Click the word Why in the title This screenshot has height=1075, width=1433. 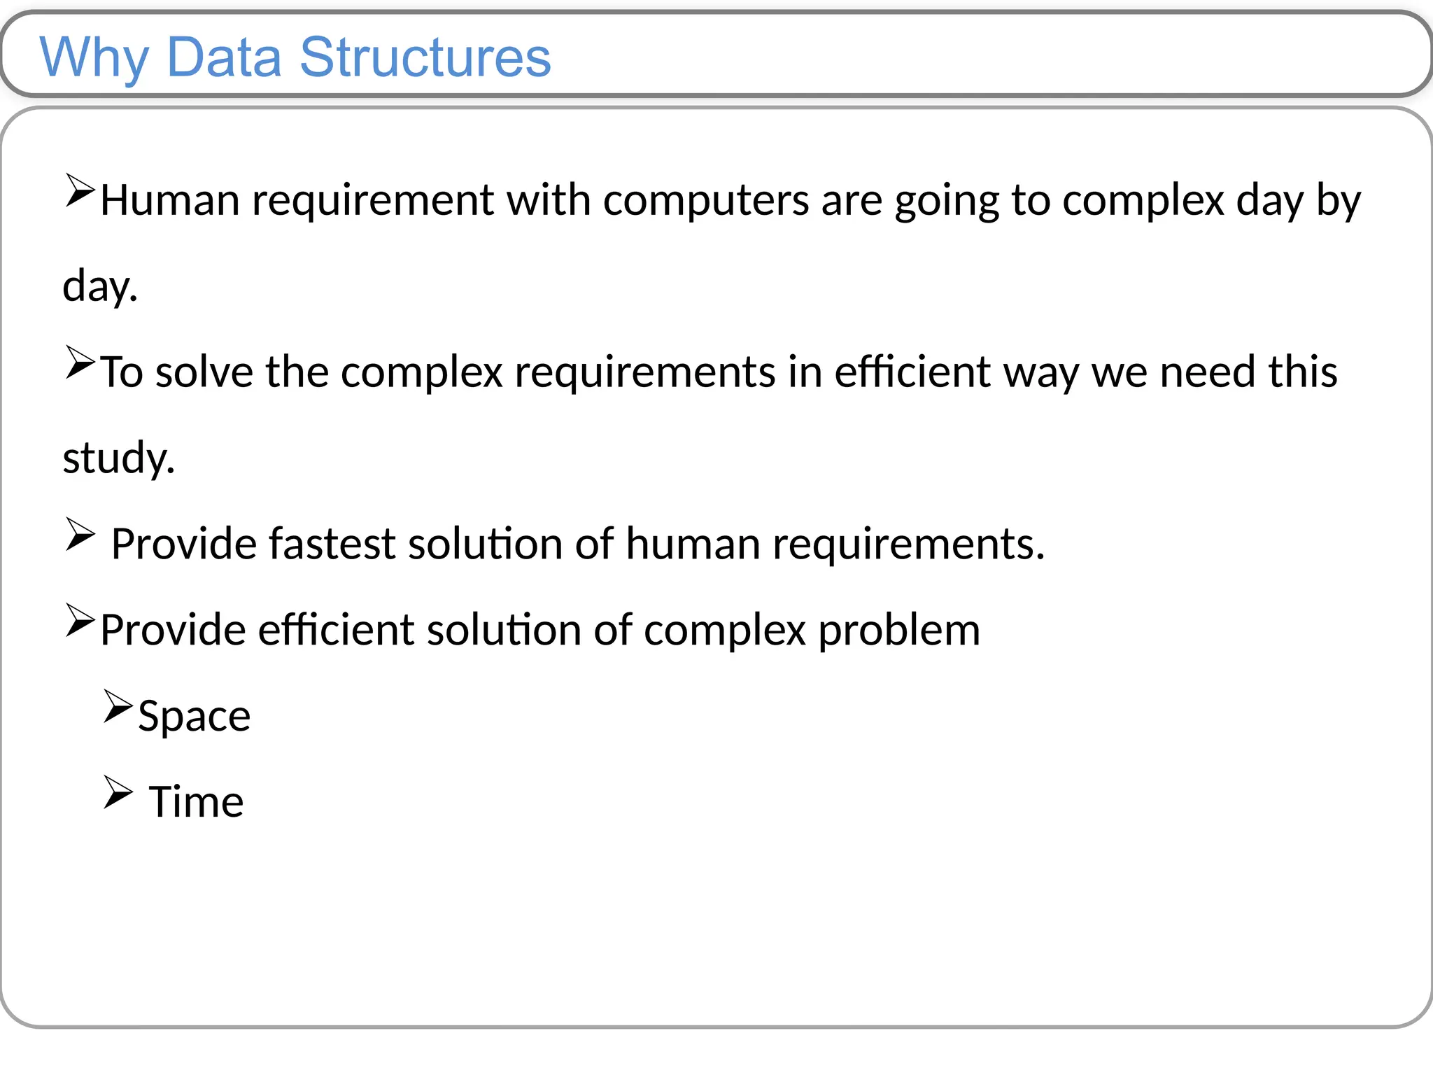tap(94, 57)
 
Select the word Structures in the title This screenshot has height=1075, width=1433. tap(425, 57)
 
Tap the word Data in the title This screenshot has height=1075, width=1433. tap(224, 57)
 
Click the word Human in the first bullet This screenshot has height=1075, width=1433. tap(170, 200)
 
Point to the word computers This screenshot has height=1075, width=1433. tap(705, 202)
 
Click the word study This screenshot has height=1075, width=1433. tap(118, 459)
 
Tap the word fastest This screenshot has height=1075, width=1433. tap(332, 544)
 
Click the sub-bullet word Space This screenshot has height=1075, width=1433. tap(194, 717)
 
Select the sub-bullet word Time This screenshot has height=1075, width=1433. tap(196, 802)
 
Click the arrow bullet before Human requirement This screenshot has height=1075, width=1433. tap(80, 191)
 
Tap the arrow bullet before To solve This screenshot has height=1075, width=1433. tap(80, 363)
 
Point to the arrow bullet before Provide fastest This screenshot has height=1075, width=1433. tap(80, 535)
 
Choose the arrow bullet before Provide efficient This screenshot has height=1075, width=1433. tap(80, 621)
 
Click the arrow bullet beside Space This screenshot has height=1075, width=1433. tap(118, 706)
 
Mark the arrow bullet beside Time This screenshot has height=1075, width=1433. tap(118, 792)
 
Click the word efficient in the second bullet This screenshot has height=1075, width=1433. tap(912, 372)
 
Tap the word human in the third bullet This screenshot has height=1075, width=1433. tap(693, 544)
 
